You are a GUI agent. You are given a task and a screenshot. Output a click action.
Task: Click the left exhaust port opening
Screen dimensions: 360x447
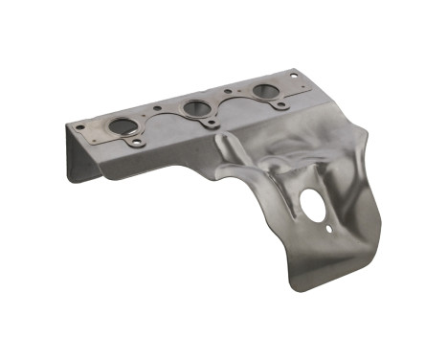[x=123, y=125]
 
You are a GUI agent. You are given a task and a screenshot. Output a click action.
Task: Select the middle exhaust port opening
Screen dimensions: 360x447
[x=197, y=107]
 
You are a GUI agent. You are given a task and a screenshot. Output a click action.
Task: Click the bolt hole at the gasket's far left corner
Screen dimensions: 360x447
[x=80, y=126]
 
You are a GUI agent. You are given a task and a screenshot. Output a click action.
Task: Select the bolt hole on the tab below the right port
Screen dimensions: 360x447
[x=278, y=106]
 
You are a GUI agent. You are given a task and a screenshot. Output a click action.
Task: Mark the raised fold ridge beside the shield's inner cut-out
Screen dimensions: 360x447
[x=235, y=153]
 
